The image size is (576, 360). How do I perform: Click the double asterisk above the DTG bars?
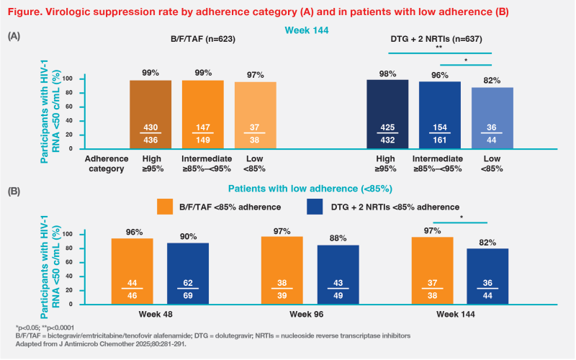[x=439, y=45]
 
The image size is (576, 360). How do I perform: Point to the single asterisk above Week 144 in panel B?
[x=461, y=216]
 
